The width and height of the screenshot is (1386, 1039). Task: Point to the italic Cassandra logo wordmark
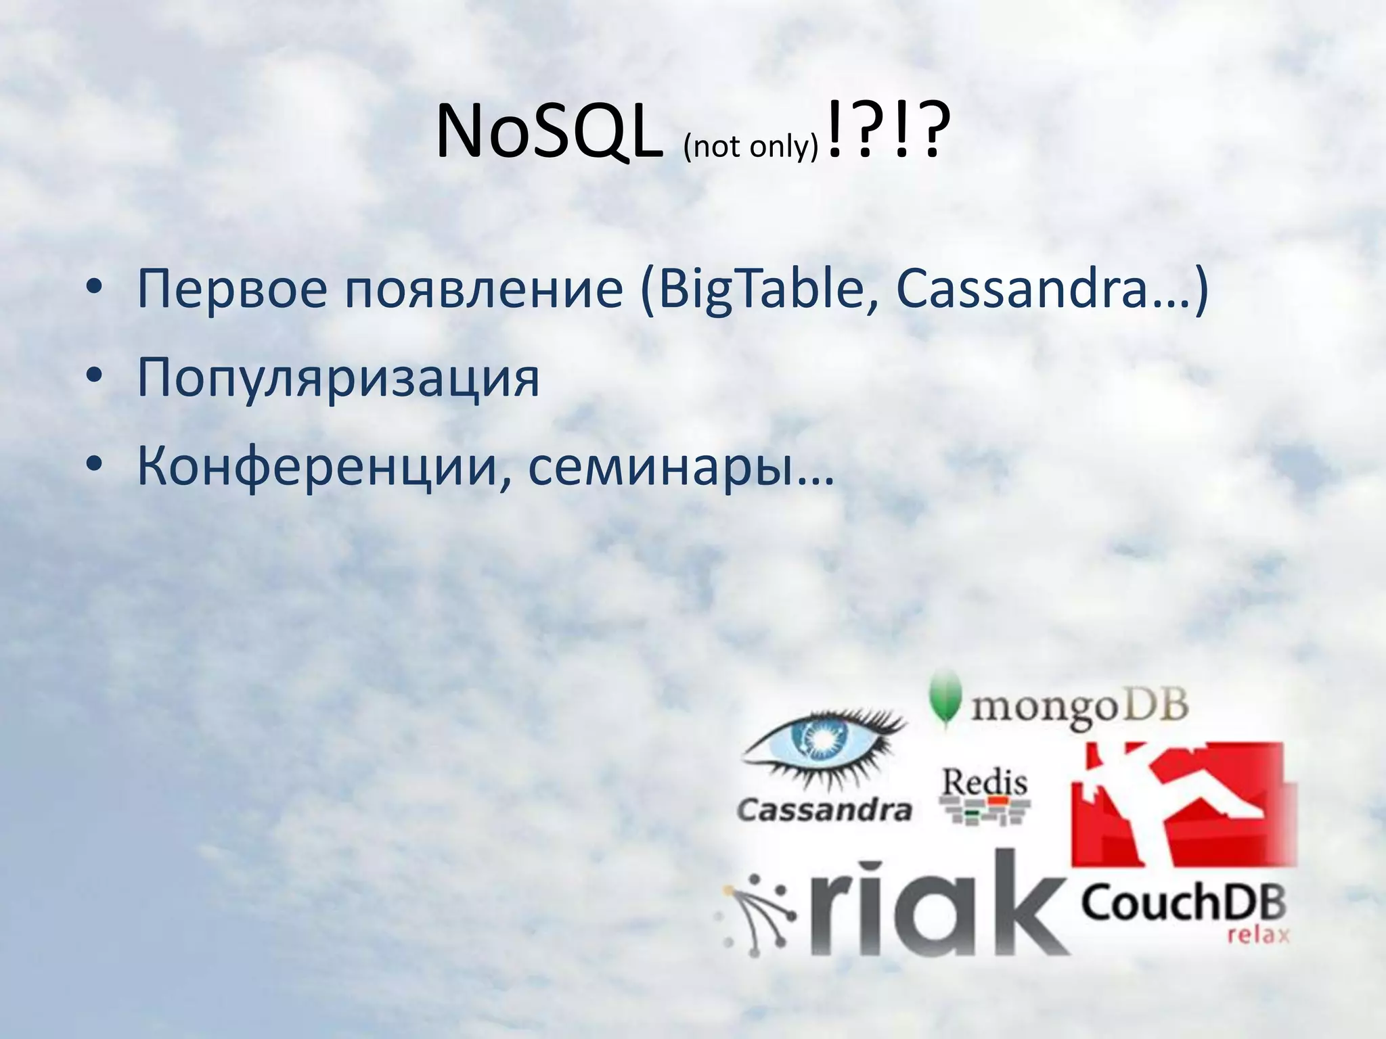824,809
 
